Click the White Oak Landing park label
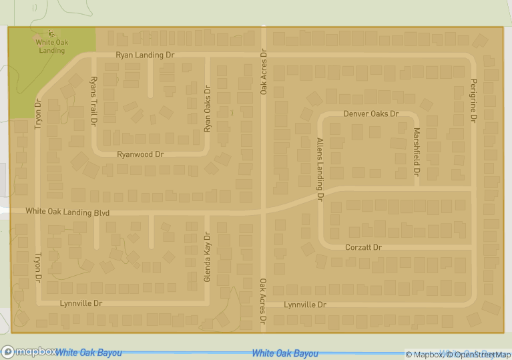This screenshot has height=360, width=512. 52,46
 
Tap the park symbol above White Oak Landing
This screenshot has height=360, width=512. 51,33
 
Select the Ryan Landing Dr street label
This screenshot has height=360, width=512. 145,55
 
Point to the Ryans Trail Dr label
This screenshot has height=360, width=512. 93,102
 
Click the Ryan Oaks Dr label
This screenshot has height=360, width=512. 208,108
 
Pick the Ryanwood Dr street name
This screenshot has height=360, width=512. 140,154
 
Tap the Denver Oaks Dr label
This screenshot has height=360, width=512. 370,114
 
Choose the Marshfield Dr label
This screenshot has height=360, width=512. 417,152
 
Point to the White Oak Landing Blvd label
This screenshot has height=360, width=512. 67,212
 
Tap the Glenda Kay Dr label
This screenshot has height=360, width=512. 207,256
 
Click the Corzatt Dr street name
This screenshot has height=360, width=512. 363,247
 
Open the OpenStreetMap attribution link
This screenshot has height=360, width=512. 478,355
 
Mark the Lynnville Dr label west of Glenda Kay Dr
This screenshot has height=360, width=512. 81,303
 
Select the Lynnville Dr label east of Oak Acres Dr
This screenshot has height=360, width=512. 305,305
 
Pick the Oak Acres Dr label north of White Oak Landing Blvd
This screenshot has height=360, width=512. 264,71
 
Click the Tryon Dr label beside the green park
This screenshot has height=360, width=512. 38,114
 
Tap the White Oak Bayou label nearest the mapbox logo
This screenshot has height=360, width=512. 88,353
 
